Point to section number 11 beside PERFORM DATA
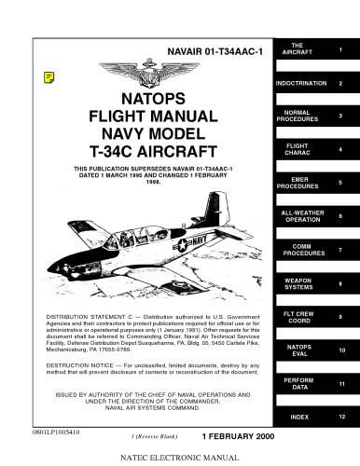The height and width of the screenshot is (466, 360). (x=341, y=384)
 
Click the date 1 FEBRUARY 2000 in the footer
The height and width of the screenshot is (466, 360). (x=230, y=436)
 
